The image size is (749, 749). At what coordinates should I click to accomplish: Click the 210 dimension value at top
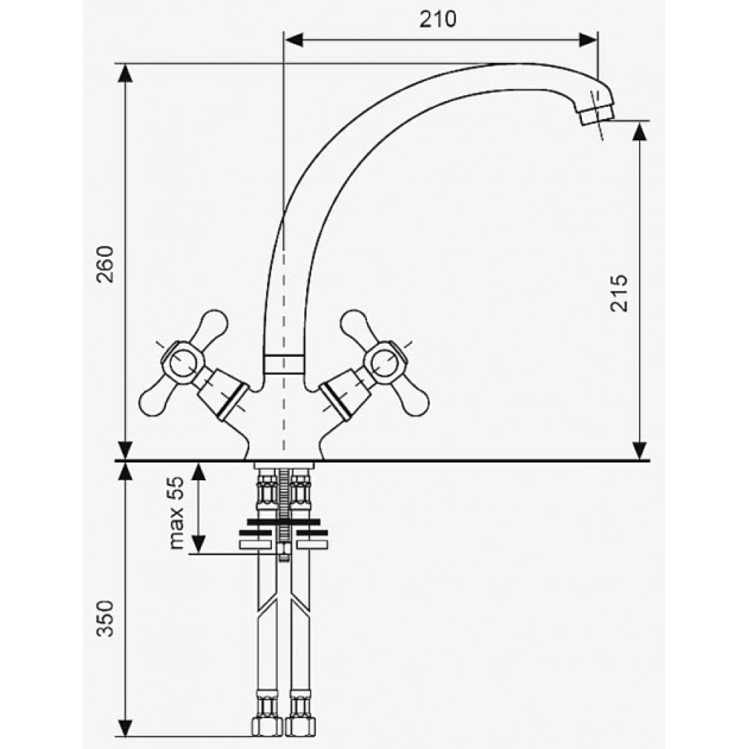pos(438,19)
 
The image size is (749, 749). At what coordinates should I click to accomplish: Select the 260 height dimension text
pos(106,264)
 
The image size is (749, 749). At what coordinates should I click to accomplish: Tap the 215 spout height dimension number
pos(619,293)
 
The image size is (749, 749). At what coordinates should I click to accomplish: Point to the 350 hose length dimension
pos(106,619)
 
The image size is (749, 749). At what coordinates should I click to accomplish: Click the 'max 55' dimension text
pos(176,512)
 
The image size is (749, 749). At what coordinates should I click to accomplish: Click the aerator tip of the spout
pos(595,114)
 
